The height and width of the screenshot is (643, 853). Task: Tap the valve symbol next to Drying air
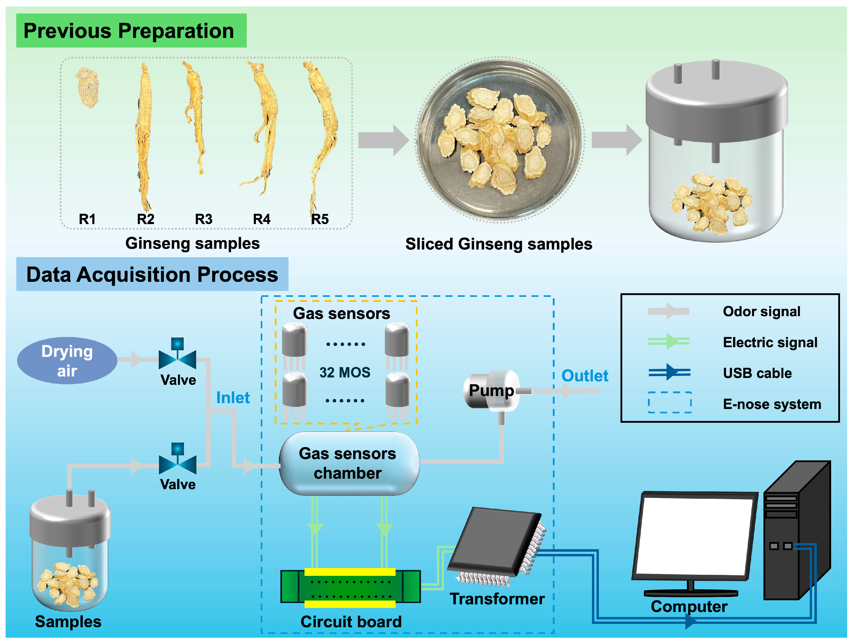(x=177, y=358)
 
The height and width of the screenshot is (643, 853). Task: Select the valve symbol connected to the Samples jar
(x=177, y=464)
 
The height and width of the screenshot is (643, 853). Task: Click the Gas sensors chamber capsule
(x=348, y=463)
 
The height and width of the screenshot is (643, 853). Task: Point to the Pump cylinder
(x=492, y=390)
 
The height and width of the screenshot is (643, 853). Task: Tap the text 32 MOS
(x=344, y=372)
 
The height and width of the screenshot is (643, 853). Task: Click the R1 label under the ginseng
(x=87, y=219)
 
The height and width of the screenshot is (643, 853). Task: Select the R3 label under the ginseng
(x=204, y=219)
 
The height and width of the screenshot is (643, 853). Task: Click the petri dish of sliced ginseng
(x=499, y=140)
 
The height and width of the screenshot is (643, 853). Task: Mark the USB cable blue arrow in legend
(x=669, y=372)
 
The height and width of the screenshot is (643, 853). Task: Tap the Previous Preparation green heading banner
(x=131, y=31)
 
